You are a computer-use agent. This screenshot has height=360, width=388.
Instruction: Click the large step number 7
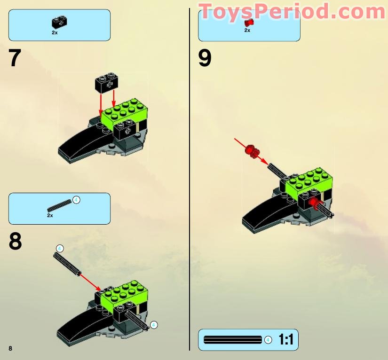tap(15, 58)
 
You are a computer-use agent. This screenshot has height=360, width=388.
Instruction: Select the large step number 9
tap(205, 58)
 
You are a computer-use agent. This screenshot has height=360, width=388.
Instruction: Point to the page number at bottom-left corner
tap(10, 348)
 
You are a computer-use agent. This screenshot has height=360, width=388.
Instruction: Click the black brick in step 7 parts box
tap(59, 21)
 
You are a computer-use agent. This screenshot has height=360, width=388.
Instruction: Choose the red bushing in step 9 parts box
tap(249, 21)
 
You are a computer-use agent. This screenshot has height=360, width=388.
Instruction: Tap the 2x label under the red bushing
tap(247, 30)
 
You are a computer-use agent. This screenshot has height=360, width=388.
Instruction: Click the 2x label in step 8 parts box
tap(50, 215)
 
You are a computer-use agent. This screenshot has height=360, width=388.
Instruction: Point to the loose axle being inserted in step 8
tap(68, 264)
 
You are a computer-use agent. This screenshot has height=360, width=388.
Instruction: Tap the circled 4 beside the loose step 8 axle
tap(59, 248)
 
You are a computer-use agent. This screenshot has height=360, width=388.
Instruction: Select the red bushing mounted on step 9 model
tap(314, 203)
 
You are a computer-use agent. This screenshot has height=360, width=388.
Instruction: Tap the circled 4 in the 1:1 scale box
tap(268, 339)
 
